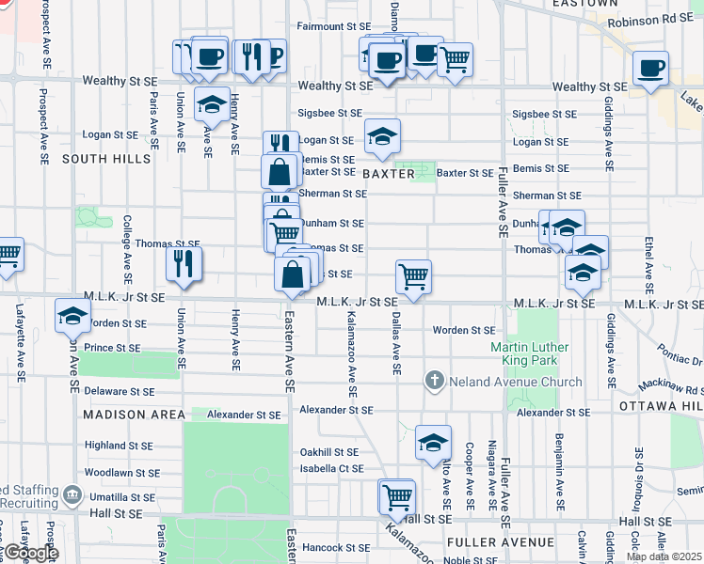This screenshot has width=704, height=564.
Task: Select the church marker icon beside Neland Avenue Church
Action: click(434, 381)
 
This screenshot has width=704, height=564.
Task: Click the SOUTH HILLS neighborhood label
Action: click(106, 159)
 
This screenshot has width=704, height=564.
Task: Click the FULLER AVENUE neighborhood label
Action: click(501, 542)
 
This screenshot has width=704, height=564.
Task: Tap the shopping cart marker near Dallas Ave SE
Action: click(413, 276)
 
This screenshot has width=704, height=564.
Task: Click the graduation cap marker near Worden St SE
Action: click(72, 316)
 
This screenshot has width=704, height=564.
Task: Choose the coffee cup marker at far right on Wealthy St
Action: click(651, 68)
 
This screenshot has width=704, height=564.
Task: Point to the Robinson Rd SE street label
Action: click(651, 19)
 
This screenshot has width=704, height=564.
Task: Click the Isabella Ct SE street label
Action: click(331, 468)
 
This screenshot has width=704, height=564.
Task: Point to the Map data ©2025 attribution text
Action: click(664, 556)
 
